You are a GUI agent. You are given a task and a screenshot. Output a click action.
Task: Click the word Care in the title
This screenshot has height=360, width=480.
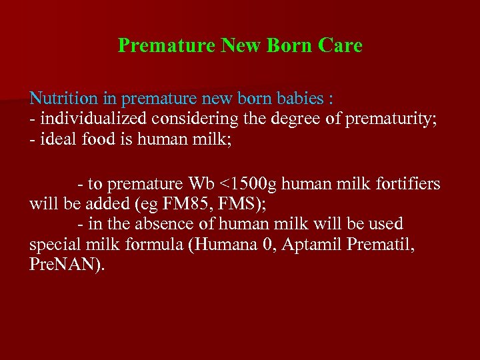coord(340,45)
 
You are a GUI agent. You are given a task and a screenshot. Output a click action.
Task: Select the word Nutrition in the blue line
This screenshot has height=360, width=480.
coord(63,99)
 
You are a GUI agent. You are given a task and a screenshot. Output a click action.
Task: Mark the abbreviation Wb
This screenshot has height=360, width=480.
coord(202,184)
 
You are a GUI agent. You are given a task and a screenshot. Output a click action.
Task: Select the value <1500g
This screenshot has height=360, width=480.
coord(247,184)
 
